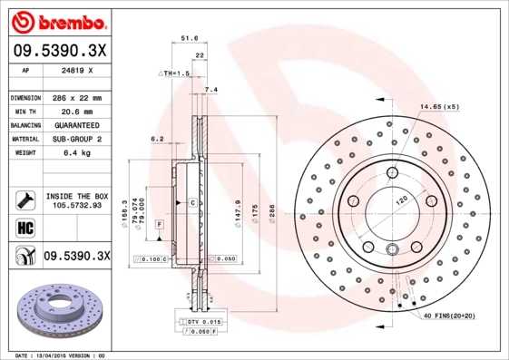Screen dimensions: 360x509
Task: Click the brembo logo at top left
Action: pos(59,20)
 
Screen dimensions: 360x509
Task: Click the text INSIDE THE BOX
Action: pos(77,196)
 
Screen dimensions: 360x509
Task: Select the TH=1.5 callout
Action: pos(176,73)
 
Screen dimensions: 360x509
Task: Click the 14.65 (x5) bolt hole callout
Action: pos(439,107)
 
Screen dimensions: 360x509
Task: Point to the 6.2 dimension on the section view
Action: pos(156,140)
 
